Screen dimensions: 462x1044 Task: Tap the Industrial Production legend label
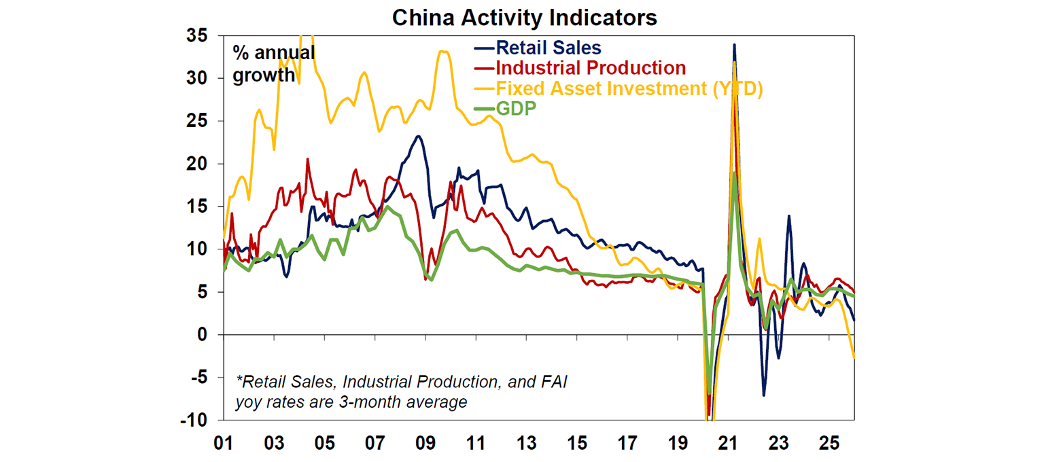point(591,68)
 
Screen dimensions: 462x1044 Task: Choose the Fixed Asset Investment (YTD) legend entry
point(629,88)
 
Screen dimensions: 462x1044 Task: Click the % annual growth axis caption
point(273,63)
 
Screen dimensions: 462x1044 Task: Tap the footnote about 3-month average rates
point(401,392)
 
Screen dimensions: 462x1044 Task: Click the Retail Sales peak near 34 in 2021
point(734,45)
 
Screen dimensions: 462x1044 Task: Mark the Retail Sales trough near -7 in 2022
point(764,395)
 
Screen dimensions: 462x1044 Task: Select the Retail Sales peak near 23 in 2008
point(419,137)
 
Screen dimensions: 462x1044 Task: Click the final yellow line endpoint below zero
point(854,357)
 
